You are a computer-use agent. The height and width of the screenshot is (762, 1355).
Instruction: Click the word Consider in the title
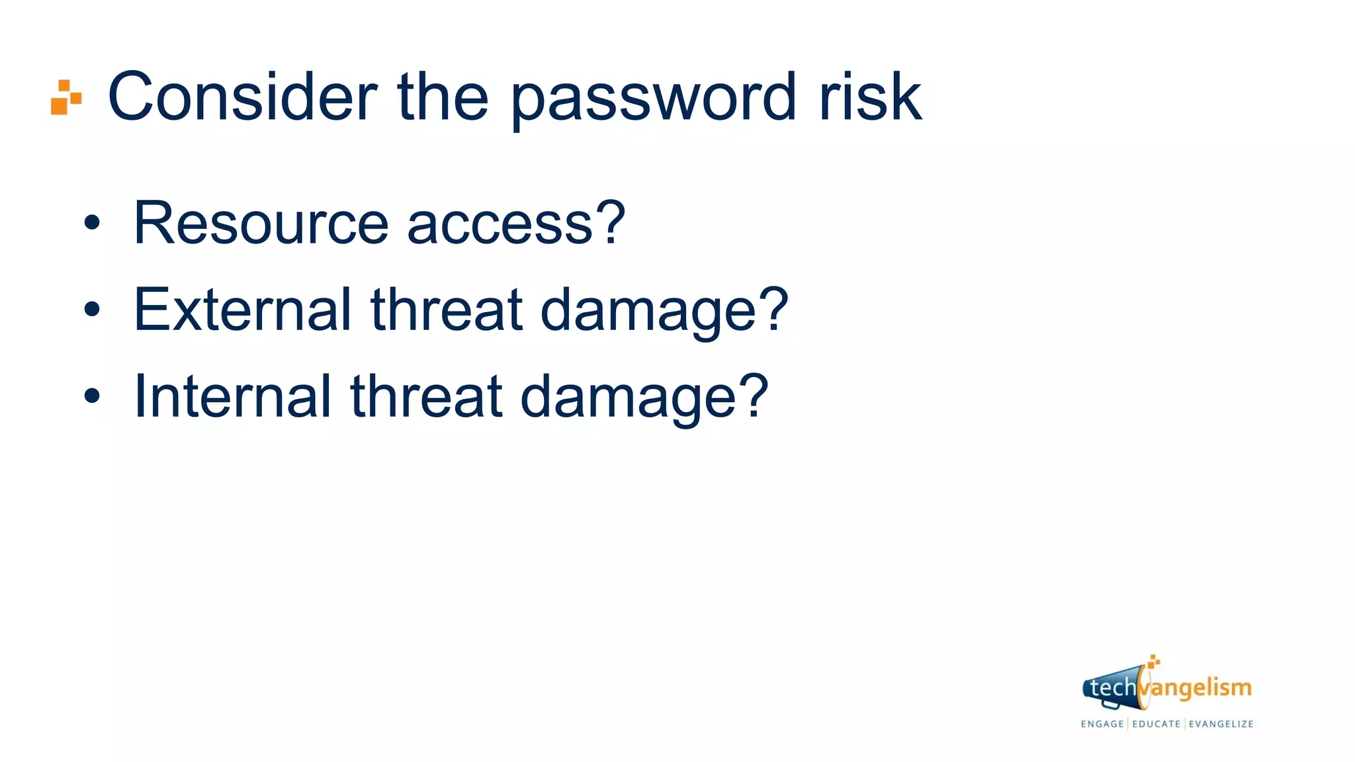242,97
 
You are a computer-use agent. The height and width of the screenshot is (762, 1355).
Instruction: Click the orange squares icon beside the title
66,97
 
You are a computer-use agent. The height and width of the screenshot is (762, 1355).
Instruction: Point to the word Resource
261,223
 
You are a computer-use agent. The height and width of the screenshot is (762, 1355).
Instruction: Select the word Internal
232,396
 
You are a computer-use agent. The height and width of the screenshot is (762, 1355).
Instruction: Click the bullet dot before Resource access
92,223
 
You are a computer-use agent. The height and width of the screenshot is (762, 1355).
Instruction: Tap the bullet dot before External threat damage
92,309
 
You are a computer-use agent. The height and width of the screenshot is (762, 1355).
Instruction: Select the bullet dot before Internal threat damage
92,396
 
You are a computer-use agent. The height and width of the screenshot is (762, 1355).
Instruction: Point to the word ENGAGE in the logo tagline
1102,724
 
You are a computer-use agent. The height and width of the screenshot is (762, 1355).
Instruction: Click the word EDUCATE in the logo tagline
1157,724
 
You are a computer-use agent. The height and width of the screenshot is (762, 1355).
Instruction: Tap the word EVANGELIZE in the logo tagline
1221,724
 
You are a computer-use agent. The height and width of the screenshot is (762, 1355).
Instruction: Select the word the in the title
443,97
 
